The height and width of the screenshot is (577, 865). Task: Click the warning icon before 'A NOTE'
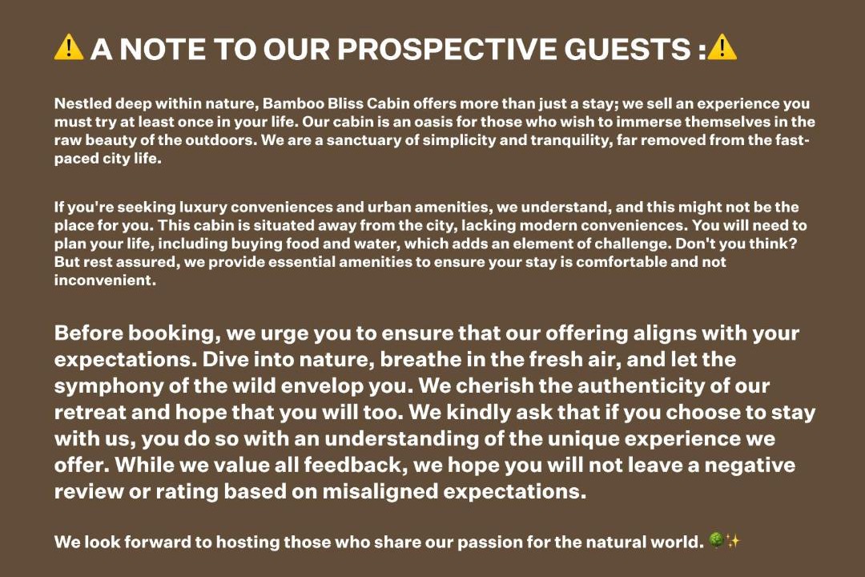click(x=68, y=47)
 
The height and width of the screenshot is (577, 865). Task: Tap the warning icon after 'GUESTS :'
click(x=722, y=47)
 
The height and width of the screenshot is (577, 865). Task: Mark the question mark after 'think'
click(x=793, y=244)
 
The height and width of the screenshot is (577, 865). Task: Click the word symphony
click(x=109, y=386)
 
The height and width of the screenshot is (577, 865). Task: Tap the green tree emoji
click(x=715, y=540)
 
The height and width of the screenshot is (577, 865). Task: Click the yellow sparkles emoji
click(x=733, y=541)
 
